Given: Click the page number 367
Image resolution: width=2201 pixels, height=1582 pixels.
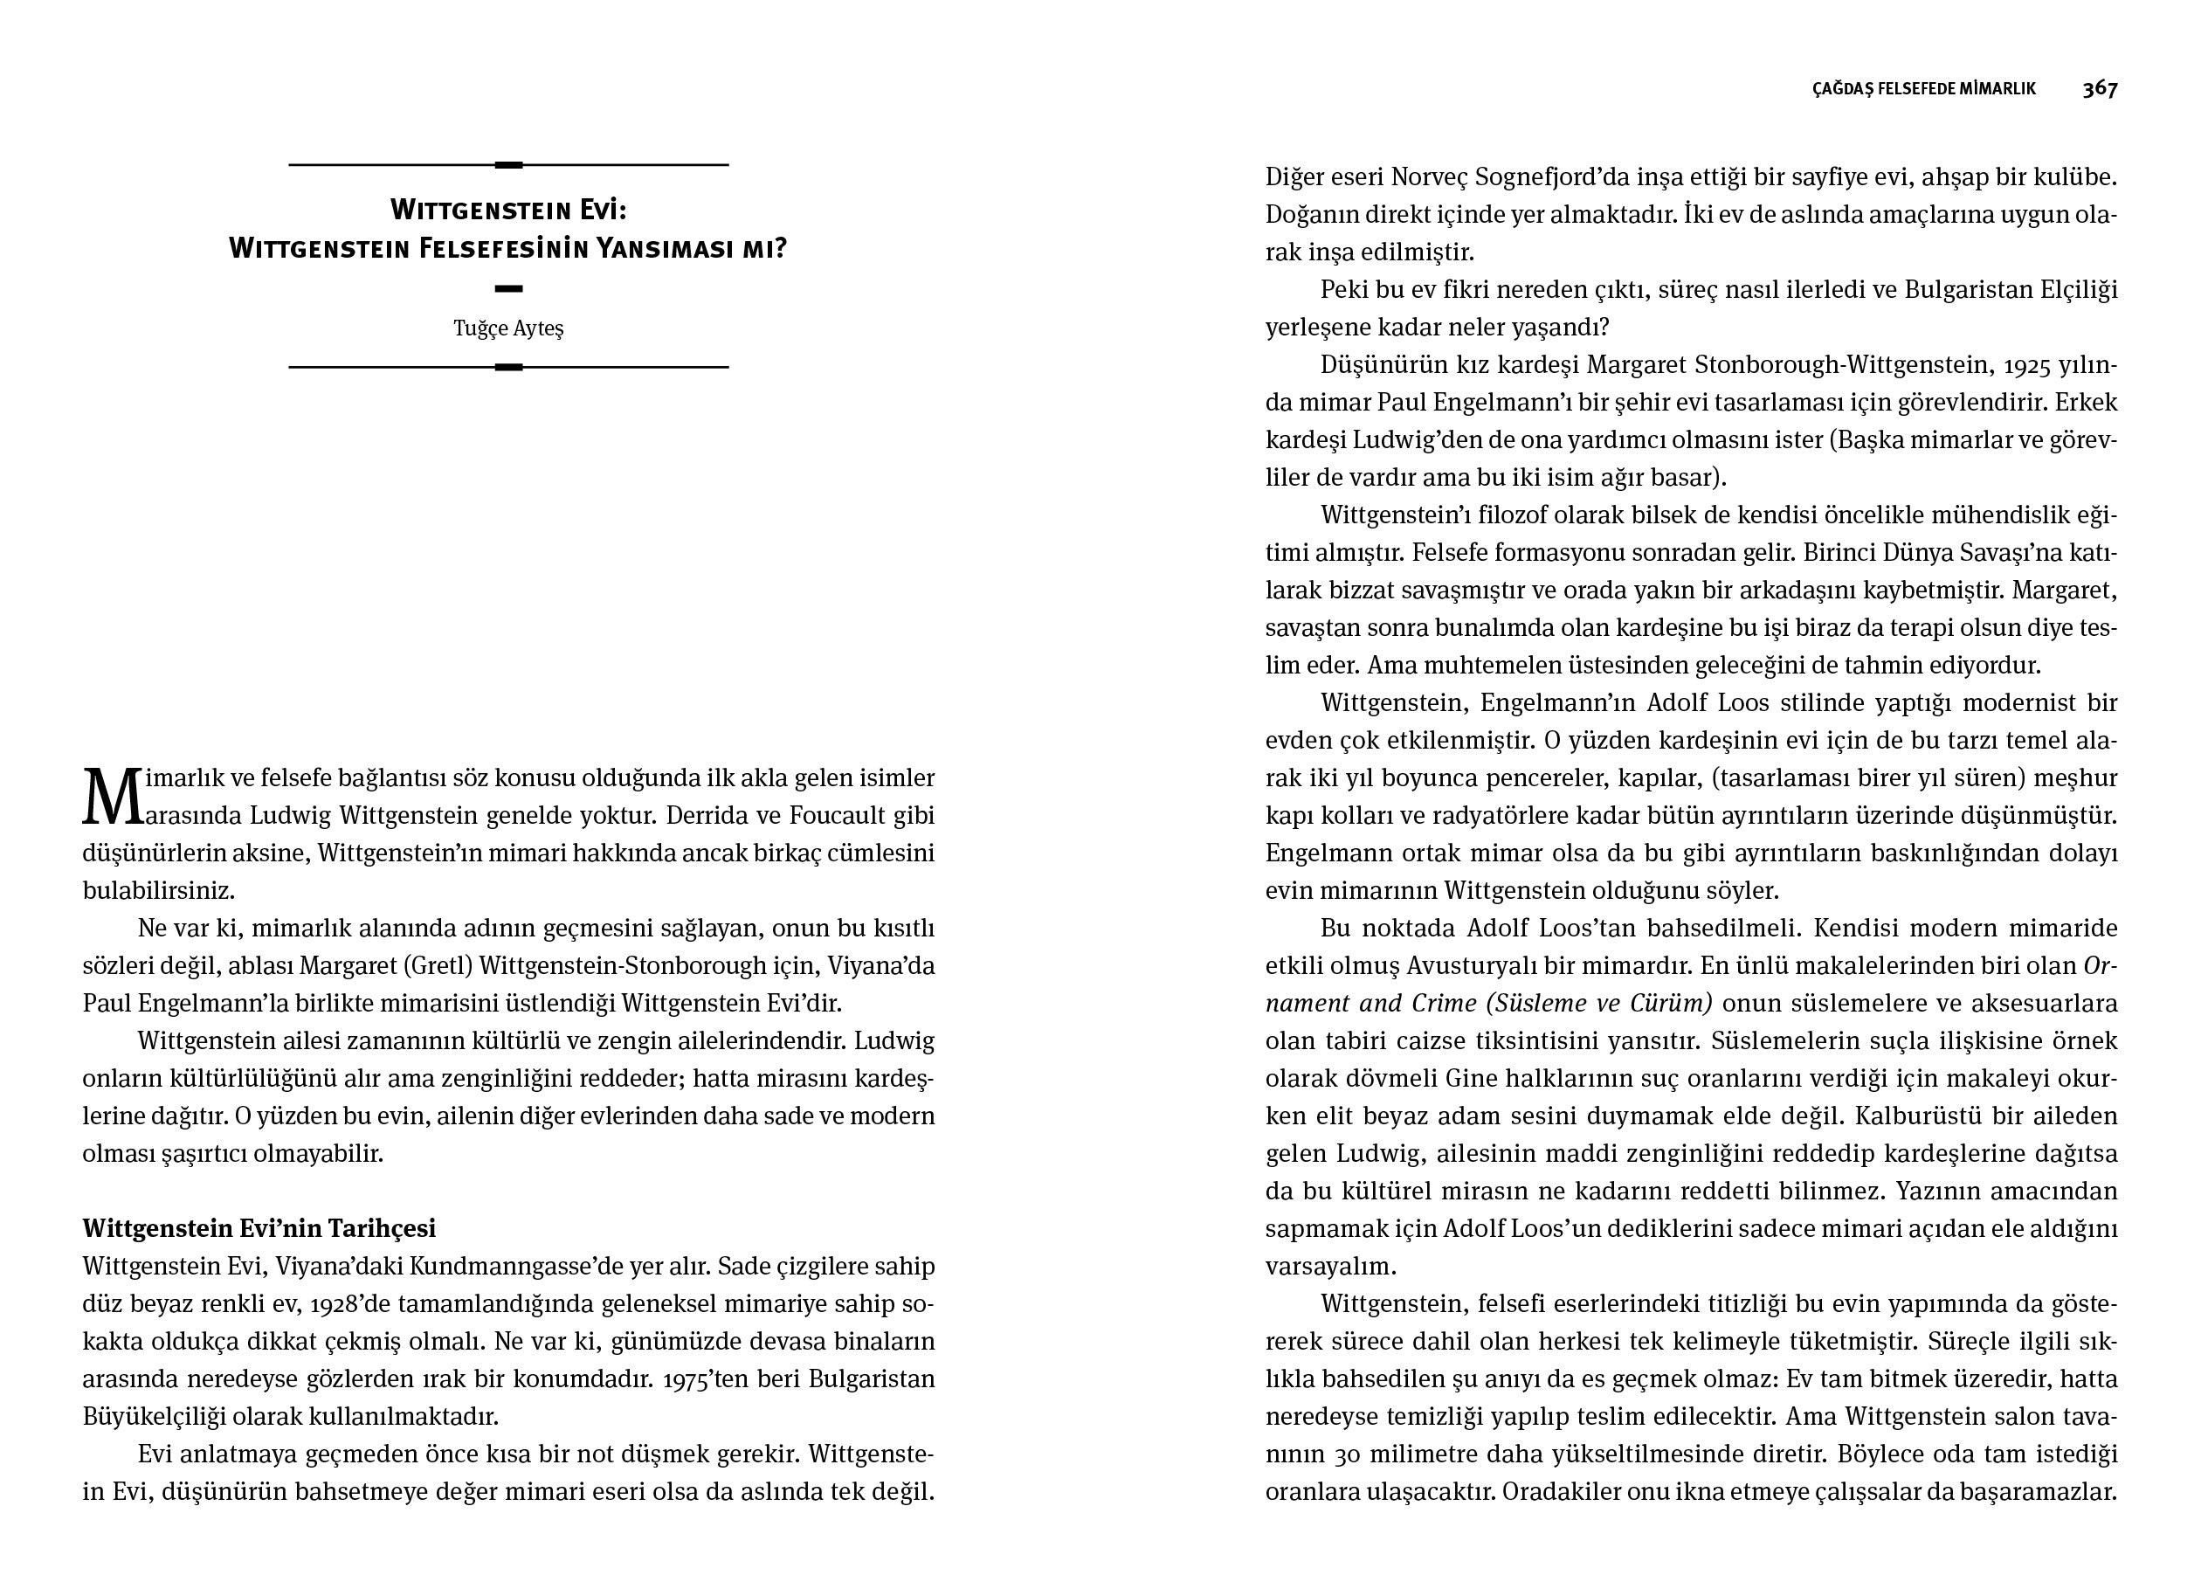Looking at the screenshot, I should tap(2099, 88).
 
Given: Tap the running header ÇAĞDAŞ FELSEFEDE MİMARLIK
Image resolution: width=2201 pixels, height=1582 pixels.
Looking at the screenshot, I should tap(1923, 89).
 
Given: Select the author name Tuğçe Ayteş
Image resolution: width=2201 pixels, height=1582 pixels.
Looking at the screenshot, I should tap(508, 328).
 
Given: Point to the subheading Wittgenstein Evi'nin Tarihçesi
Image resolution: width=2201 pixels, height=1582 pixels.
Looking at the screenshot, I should tap(259, 1229).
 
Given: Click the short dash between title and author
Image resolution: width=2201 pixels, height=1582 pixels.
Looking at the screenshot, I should tap(508, 288).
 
